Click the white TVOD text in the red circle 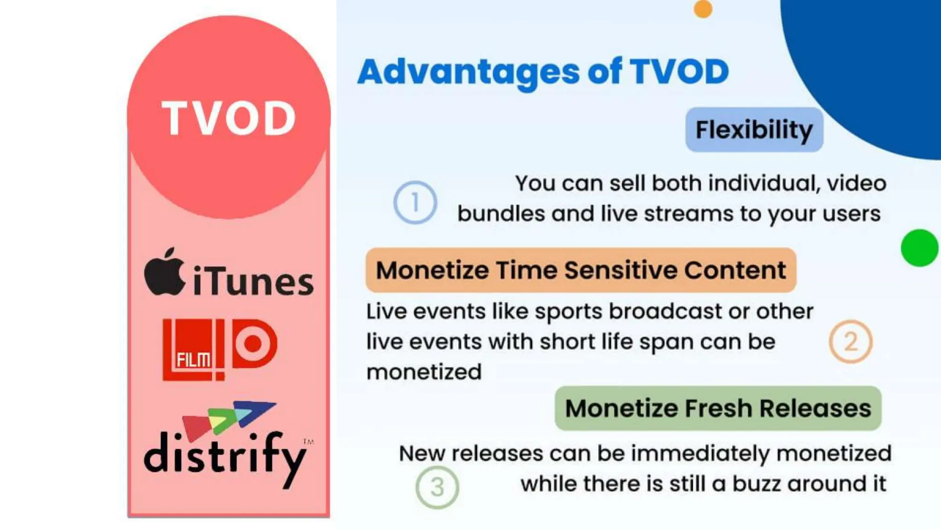click(228, 118)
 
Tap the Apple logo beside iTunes click(164, 272)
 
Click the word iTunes click(253, 281)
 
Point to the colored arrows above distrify click(228, 417)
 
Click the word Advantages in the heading click(468, 72)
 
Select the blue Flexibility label click(754, 129)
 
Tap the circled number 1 click(415, 203)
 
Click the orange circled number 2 click(850, 342)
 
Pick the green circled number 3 click(437, 487)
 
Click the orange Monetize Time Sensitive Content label click(581, 270)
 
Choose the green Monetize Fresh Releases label click(718, 408)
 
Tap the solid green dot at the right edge click(919, 248)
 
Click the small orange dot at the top click(703, 9)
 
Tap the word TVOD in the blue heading click(679, 72)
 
